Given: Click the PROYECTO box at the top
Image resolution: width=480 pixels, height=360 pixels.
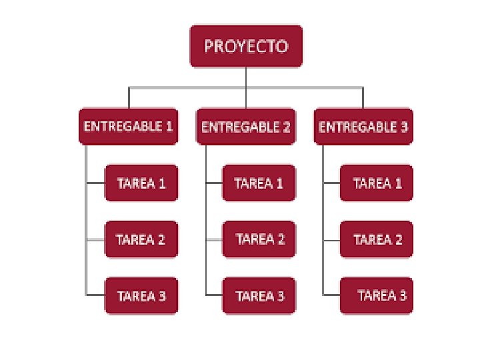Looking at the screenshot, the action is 246,46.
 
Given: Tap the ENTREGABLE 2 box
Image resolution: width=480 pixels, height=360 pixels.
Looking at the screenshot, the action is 246,126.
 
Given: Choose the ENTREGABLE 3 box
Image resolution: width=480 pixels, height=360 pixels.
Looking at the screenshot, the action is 363,126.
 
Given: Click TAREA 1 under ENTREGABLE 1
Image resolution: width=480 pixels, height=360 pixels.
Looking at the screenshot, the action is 141,183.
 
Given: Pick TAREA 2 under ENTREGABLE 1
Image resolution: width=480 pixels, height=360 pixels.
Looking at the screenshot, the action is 141,239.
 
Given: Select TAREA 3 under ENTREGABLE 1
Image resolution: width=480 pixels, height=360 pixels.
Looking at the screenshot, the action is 141,295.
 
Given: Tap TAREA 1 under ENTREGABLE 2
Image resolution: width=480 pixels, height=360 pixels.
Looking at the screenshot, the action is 259,183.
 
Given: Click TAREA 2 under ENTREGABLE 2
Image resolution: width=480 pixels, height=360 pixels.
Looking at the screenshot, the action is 259,239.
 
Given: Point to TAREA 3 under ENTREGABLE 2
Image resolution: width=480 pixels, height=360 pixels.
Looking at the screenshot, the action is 259,295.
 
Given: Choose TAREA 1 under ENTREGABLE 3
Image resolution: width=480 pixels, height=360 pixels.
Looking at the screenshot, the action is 377,183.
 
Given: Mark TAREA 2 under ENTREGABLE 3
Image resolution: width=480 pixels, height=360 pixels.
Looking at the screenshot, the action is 377,239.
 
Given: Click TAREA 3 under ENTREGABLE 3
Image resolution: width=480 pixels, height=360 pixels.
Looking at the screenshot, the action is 377,295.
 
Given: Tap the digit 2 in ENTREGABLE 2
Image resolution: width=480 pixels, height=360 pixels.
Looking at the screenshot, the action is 286,126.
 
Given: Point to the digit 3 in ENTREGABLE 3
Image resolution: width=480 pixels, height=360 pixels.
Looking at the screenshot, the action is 404,126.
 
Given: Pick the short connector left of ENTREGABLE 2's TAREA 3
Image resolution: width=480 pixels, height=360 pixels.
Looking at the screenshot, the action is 214,295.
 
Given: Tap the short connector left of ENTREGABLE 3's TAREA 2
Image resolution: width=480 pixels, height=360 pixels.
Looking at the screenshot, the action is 331,239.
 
